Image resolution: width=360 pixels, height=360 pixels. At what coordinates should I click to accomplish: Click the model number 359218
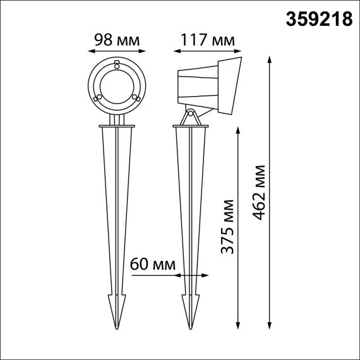point(320,20)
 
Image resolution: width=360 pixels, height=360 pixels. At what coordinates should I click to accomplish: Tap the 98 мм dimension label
point(116,39)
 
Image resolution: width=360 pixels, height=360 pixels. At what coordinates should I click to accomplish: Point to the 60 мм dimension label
point(152,263)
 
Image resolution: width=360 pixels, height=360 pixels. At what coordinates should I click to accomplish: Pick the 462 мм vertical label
point(258,193)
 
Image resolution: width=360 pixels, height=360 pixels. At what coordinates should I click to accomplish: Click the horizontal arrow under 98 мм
point(116,52)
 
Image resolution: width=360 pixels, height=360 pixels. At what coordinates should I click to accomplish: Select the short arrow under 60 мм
point(192,275)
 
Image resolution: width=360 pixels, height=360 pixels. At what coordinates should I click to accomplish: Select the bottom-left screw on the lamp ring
point(97,98)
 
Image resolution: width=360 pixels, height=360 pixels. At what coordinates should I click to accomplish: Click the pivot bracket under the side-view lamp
point(190,117)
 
